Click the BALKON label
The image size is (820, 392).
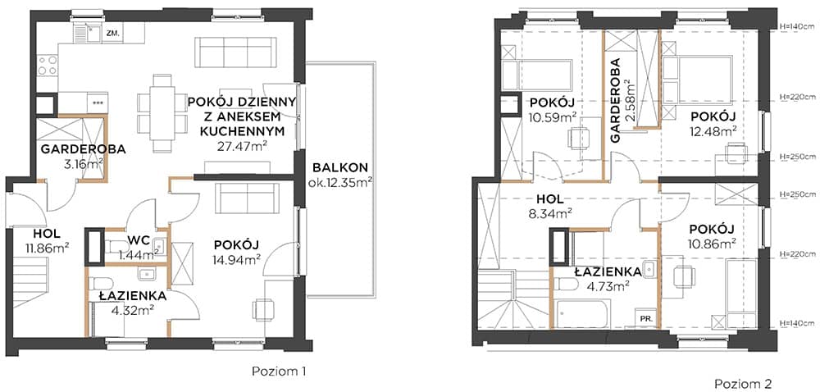pyautogui.click(x=340, y=168)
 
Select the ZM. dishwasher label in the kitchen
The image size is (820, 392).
pyautogui.click(x=113, y=34)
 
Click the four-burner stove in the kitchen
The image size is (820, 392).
pyautogui.click(x=47, y=66)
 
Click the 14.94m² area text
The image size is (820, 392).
pyautogui.click(x=237, y=259)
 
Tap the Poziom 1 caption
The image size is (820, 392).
pyautogui.click(x=279, y=371)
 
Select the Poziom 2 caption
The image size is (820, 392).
pyautogui.click(x=743, y=383)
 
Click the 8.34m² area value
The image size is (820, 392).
pyautogui.click(x=549, y=212)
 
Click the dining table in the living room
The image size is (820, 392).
pyautogui.click(x=162, y=113)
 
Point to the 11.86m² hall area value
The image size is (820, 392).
pyautogui.click(x=45, y=247)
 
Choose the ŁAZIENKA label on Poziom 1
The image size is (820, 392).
pyautogui.click(x=133, y=296)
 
